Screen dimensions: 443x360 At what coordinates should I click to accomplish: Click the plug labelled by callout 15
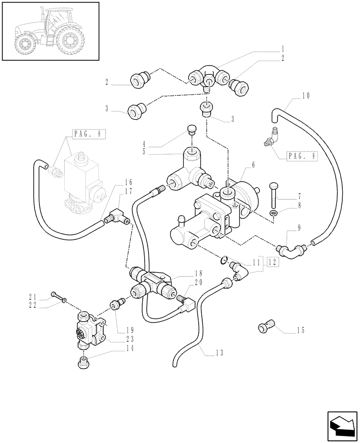click(x=266, y=327)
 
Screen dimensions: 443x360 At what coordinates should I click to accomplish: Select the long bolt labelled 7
click(x=274, y=196)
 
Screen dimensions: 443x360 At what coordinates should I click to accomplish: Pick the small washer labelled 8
click(x=274, y=214)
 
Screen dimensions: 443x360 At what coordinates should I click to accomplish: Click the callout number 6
click(x=253, y=164)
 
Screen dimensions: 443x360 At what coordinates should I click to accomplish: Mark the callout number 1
click(x=282, y=49)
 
